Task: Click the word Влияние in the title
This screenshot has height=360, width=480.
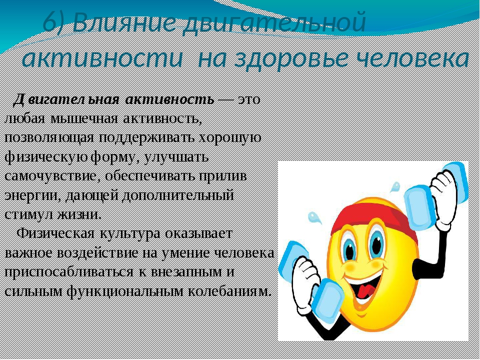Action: click(x=124, y=23)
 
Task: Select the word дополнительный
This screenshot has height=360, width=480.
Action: click(x=177, y=196)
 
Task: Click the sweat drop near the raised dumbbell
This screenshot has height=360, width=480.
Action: click(x=395, y=186)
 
